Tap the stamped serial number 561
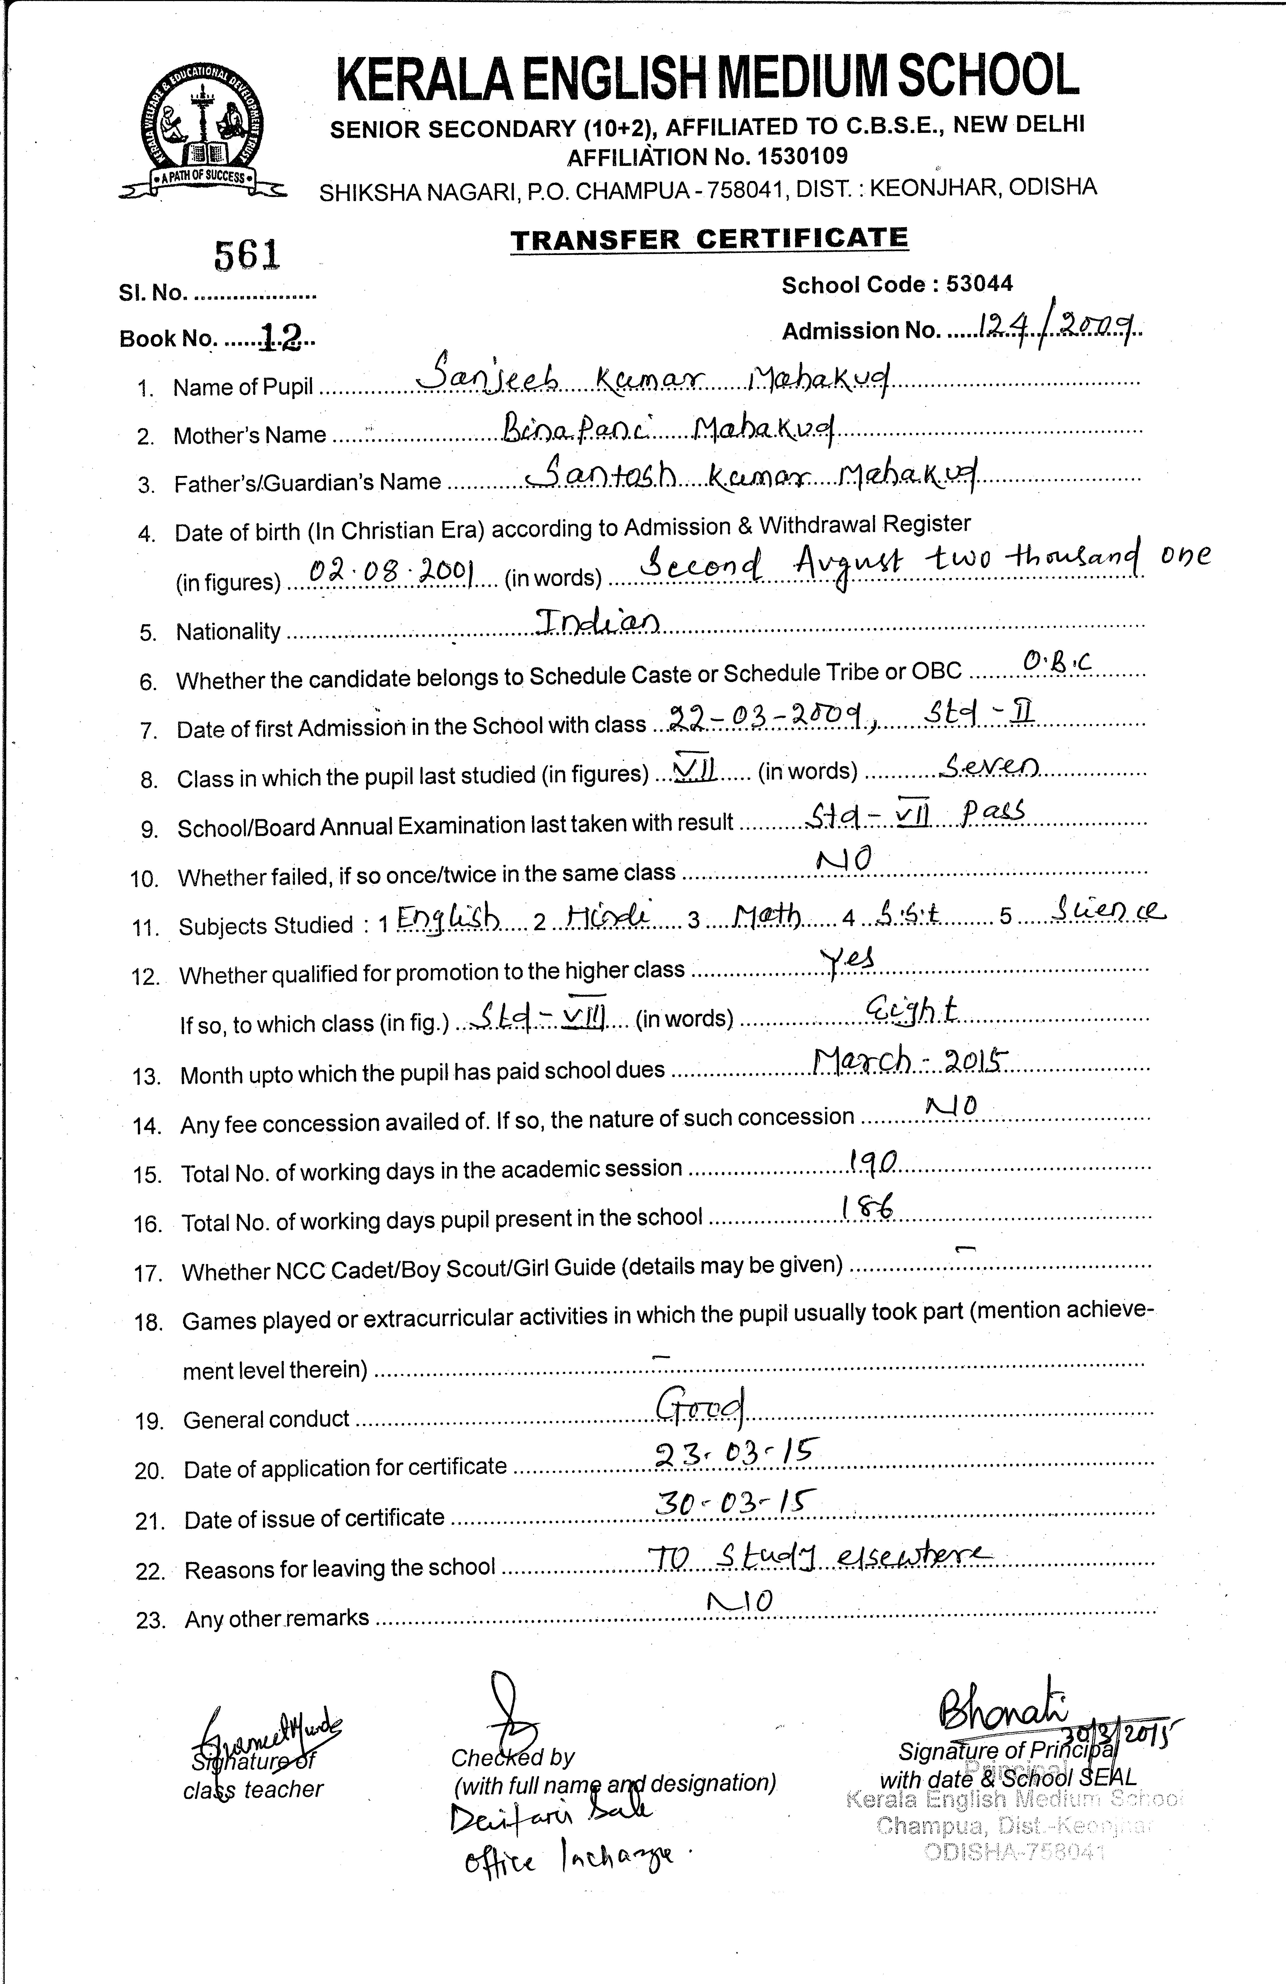pos(248,255)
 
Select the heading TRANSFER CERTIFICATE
pos(709,239)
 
